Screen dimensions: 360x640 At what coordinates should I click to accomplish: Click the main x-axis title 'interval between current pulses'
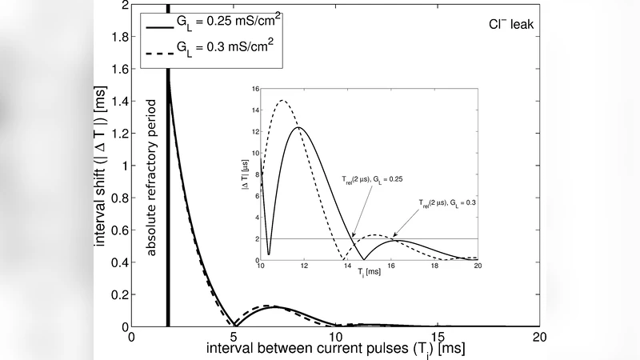coord(335,350)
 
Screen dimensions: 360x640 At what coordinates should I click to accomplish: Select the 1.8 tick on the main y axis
coord(121,37)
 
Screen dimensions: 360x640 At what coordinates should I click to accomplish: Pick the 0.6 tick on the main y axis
coord(121,230)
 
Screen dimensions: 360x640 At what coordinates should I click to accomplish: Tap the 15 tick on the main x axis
coord(438,337)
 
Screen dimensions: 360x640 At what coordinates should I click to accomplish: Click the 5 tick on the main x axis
coord(234,337)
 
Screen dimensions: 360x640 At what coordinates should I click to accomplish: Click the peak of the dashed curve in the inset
coord(282,101)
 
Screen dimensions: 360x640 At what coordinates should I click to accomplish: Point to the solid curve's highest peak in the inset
coord(298,127)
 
